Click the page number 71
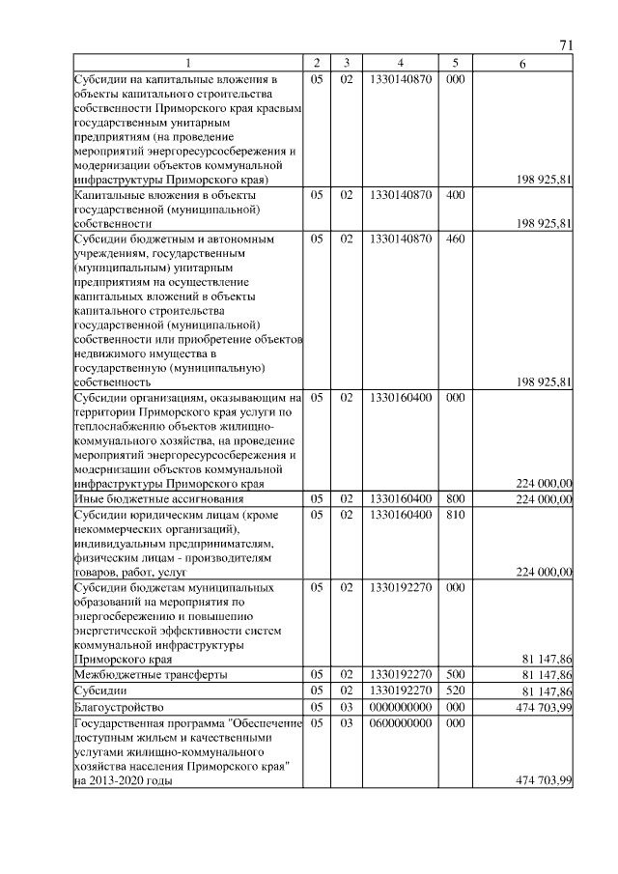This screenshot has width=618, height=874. [x=567, y=46]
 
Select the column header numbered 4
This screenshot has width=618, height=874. [x=400, y=64]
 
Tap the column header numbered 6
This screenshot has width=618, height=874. [x=522, y=64]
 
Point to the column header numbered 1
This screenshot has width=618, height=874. [x=188, y=64]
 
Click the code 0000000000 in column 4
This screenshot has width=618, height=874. [x=400, y=708]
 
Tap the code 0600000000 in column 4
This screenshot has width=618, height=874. [x=400, y=723]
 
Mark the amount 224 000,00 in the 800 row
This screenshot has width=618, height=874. [x=545, y=499]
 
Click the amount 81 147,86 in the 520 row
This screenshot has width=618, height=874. [x=548, y=691]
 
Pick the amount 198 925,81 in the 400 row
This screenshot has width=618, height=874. [x=545, y=224]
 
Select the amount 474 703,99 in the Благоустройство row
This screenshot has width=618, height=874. [x=545, y=708]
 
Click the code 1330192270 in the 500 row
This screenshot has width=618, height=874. [x=400, y=674]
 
